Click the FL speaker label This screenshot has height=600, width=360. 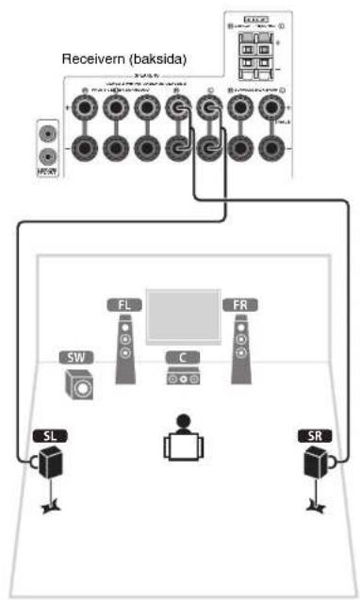click(123, 305)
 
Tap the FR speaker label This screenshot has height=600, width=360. click(237, 305)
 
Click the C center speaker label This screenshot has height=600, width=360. click(181, 358)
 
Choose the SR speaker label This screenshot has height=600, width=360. click(315, 436)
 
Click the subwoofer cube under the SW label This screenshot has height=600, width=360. click(79, 384)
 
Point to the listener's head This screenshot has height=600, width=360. click(180, 421)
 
